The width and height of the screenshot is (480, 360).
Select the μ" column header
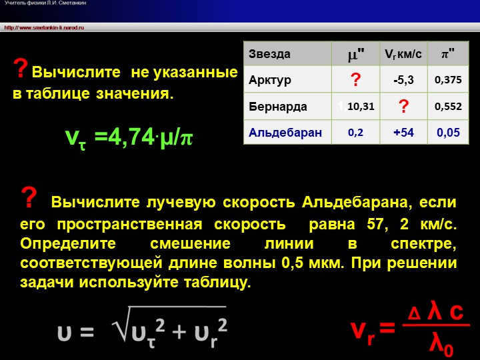click(356, 54)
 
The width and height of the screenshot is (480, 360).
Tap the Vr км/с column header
click(403, 54)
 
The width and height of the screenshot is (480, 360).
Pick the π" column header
click(448, 54)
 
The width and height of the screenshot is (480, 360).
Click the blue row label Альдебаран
click(285, 132)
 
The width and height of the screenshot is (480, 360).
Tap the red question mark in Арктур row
click(355, 80)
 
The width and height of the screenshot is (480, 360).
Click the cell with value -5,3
click(403, 80)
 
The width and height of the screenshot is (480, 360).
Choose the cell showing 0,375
click(448, 80)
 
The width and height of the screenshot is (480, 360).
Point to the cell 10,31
click(361, 106)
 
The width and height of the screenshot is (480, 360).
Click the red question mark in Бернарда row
click(403, 106)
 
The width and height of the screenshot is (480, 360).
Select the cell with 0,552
click(448, 106)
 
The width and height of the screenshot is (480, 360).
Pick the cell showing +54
click(403, 132)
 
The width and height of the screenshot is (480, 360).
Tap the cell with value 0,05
click(448, 132)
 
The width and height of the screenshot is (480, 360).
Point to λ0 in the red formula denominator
click(441, 345)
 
